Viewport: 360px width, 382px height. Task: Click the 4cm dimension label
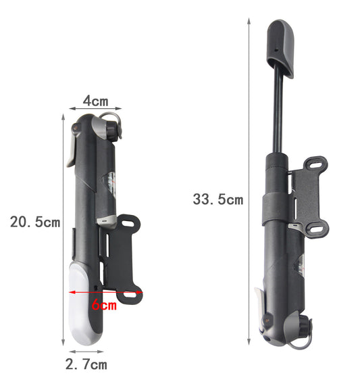[x=96, y=101]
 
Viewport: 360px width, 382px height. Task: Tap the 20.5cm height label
[x=35, y=222]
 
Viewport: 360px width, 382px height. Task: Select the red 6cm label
[x=104, y=304]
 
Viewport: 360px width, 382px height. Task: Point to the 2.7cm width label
[x=86, y=364]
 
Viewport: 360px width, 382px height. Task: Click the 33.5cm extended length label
[x=218, y=199]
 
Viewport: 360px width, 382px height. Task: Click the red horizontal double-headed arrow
[x=106, y=292]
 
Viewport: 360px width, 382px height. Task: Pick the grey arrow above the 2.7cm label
[x=86, y=352]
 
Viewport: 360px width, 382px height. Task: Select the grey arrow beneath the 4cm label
[x=95, y=108]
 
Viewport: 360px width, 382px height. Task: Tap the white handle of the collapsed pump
[x=82, y=304]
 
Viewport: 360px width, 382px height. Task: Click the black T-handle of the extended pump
[x=281, y=47]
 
